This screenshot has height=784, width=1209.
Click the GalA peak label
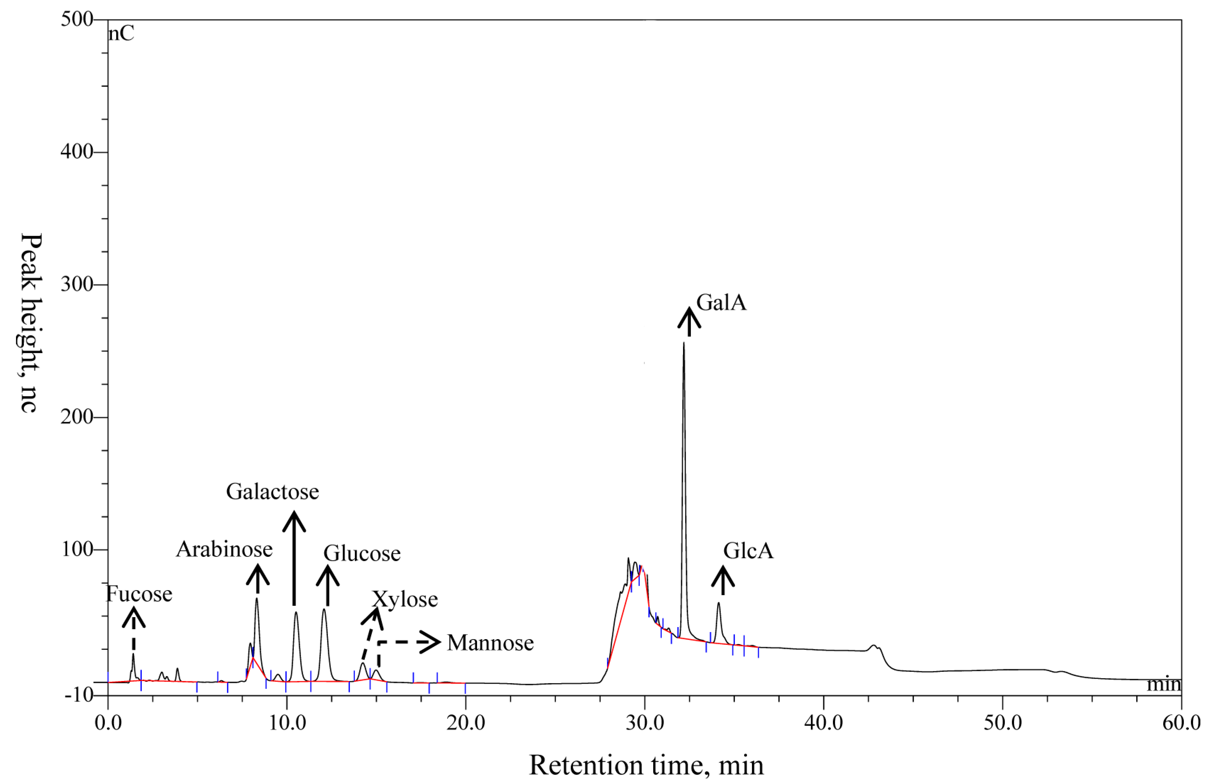[721, 303]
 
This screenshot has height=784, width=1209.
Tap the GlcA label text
[748, 551]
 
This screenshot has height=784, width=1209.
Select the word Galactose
[272, 491]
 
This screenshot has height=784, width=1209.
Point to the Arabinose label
[224, 549]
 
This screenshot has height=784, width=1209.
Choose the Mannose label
[490, 643]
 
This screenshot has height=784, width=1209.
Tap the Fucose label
[139, 594]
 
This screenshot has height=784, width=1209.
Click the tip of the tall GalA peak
[684, 344]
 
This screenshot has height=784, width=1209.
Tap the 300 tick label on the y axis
[77, 284]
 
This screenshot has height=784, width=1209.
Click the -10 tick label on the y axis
[79, 694]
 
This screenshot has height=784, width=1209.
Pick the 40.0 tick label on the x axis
[823, 723]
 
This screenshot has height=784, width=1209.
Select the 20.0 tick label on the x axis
[465, 723]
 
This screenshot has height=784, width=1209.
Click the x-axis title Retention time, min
[646, 765]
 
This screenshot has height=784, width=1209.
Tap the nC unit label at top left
[121, 34]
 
